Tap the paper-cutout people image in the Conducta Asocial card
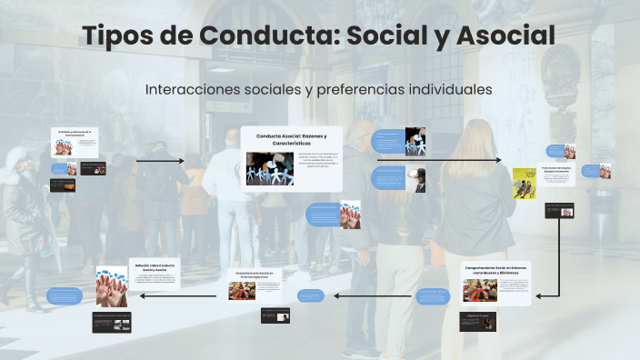tap(269, 168)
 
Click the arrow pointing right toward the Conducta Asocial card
tap(160, 161)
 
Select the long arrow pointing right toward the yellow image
tap(438, 160)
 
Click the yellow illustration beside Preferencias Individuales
tap(524, 183)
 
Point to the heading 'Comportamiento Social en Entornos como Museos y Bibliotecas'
tap(496, 271)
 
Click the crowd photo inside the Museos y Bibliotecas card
tap(479, 290)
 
